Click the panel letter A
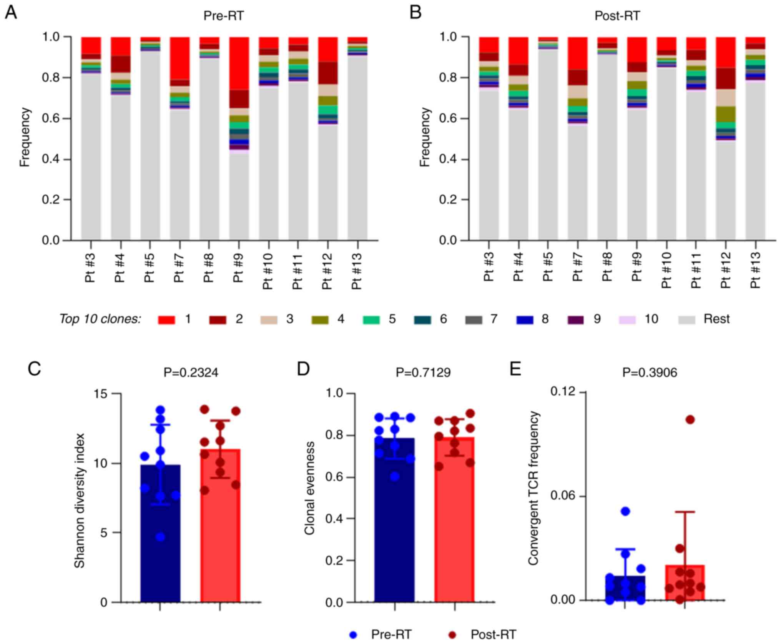(11, 13)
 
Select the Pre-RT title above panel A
(223, 16)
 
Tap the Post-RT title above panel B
(617, 16)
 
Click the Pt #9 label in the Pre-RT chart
(238, 268)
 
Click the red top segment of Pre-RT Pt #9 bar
(239, 63)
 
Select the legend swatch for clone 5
(371, 320)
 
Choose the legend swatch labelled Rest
(687, 320)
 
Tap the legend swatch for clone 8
(525, 320)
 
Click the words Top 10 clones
(100, 319)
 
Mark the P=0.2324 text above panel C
(191, 372)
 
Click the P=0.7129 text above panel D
(423, 372)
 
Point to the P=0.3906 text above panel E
(650, 372)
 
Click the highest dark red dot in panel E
(690, 419)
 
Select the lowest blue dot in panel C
(160, 537)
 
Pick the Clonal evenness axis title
(309, 488)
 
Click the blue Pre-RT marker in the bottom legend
(353, 634)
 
